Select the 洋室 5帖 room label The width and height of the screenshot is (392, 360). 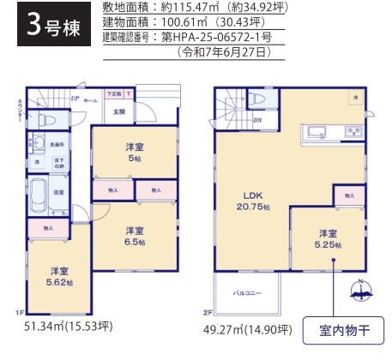pyautogui.click(x=133, y=151)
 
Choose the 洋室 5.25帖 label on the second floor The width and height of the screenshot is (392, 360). pyautogui.click(x=328, y=237)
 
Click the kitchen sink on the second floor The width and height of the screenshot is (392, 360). pyautogui.click(x=314, y=131)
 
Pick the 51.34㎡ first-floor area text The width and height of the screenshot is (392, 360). pyautogui.click(x=69, y=327)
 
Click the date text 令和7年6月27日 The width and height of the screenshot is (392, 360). pyautogui.click(x=225, y=52)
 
